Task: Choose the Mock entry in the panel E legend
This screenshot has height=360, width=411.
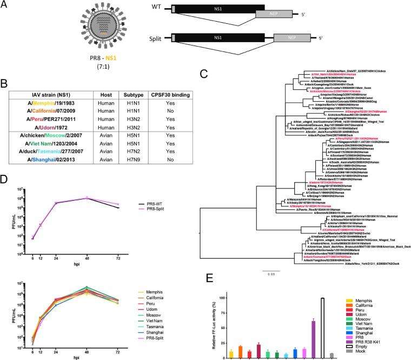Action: (x=368, y=355)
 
